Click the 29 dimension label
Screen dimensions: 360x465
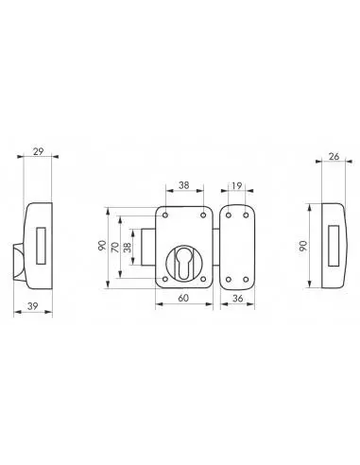tap(39, 151)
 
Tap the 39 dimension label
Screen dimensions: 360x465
tap(33, 306)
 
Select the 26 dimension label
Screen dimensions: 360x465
tap(334, 157)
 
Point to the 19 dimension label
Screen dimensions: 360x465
tap(236, 186)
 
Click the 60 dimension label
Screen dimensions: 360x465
tap(183, 298)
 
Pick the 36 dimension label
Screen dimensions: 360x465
tap(237, 298)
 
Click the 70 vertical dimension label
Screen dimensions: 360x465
tap(115, 248)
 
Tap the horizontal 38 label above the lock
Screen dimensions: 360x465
tap(184, 185)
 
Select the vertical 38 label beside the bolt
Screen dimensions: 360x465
tap(128, 248)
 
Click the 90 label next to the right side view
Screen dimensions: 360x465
tap(303, 246)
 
